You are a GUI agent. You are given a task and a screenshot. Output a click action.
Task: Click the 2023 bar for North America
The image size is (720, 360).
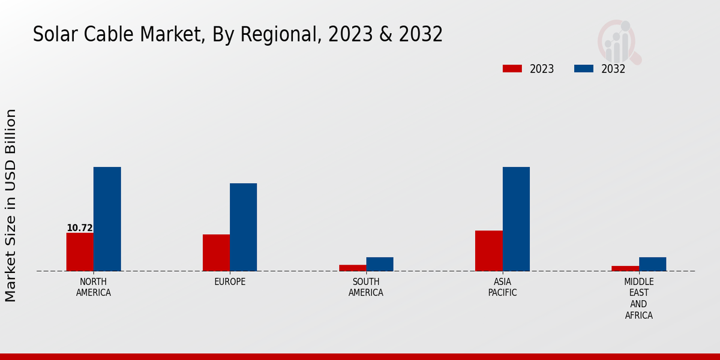tap(80, 252)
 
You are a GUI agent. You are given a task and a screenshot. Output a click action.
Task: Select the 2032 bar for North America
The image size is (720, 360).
tap(107, 219)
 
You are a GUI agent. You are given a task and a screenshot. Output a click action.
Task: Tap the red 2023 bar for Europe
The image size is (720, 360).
tap(216, 253)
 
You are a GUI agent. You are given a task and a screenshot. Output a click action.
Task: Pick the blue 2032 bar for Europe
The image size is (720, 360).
tap(243, 227)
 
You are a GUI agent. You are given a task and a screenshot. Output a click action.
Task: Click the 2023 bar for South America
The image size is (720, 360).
tap(352, 268)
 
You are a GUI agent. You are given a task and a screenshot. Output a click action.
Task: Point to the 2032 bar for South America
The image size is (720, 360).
tap(380, 264)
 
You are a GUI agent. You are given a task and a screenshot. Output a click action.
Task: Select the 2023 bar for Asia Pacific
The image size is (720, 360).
tap(488, 251)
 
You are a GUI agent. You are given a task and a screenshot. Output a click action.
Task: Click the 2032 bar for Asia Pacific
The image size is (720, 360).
tap(516, 219)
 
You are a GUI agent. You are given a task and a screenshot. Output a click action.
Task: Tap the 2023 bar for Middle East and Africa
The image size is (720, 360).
tap(625, 268)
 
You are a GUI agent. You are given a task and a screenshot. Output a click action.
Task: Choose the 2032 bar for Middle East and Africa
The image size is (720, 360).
tap(652, 264)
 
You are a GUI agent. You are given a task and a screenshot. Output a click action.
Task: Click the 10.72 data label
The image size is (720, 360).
tap(79, 228)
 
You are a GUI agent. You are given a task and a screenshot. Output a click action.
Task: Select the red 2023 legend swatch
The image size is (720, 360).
tap(512, 68)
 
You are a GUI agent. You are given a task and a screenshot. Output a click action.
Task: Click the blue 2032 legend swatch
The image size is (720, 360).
tap(583, 68)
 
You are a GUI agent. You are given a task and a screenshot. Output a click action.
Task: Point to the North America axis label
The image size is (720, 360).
tap(94, 287)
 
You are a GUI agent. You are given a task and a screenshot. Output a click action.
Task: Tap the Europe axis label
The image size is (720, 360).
tap(230, 282)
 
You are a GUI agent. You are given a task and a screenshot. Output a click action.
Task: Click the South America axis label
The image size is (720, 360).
tap(366, 287)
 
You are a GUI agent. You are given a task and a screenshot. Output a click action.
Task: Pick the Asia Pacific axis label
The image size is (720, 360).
tap(502, 287)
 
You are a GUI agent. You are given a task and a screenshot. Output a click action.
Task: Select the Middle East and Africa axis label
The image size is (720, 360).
tap(638, 298)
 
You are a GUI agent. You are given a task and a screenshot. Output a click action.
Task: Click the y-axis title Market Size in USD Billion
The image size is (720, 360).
tap(11, 205)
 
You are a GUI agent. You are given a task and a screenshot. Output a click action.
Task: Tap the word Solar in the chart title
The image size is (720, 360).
tap(52, 34)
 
